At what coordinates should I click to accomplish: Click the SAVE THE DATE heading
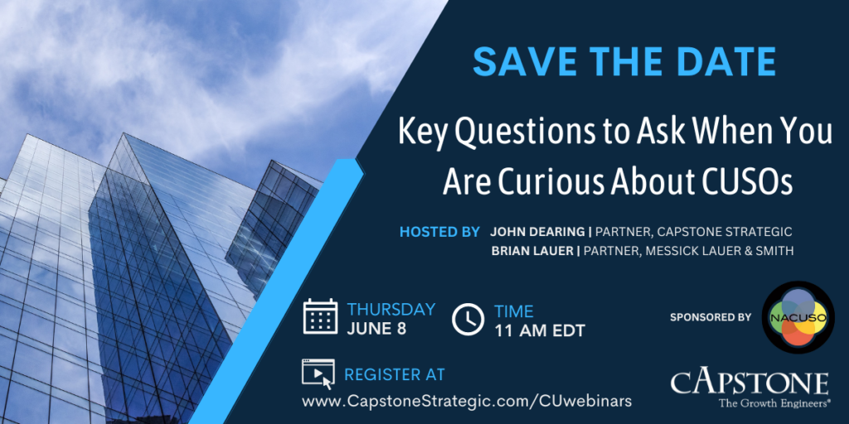(623, 61)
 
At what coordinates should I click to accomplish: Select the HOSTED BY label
(439, 232)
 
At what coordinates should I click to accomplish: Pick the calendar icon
(320, 316)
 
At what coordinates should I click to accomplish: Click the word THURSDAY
(391, 310)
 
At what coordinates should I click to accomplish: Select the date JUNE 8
(376, 329)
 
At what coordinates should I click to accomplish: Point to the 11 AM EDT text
(539, 330)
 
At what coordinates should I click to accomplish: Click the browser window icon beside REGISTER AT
(318, 373)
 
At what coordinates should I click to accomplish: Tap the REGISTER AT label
(394, 374)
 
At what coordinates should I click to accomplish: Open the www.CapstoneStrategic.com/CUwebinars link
(467, 402)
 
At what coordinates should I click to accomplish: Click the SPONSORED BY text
(711, 317)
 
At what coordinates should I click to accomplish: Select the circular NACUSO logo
(798, 317)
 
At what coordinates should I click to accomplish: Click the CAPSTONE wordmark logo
(750, 383)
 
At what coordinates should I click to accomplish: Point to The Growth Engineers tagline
(775, 403)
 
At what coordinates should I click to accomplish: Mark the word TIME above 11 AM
(513, 311)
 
